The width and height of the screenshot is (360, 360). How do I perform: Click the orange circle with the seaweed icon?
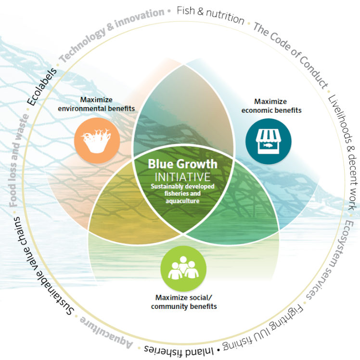(x=97, y=140)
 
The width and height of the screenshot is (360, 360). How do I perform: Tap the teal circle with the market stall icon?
(x=268, y=141)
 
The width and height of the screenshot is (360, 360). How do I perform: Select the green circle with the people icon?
(x=183, y=268)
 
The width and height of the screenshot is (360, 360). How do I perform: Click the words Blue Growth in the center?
(x=182, y=164)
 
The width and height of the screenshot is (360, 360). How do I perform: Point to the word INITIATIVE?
(x=182, y=177)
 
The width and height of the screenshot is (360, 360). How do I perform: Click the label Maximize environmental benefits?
(x=96, y=104)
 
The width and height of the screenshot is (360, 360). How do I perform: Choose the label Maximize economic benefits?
(x=271, y=106)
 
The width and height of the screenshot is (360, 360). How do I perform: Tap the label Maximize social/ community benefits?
(x=184, y=302)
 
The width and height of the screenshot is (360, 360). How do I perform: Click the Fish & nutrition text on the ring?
(x=210, y=15)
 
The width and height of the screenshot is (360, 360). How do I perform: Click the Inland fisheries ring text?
(x=179, y=350)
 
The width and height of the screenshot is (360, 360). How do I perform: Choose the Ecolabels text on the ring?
(x=42, y=86)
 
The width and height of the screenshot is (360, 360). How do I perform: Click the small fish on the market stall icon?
(x=268, y=145)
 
